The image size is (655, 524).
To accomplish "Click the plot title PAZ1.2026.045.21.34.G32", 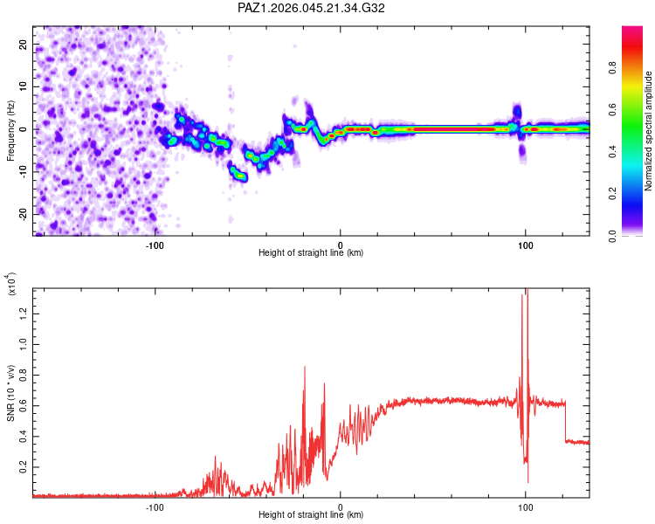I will click(x=311, y=8).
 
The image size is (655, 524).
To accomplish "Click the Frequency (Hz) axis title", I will click(x=10, y=129).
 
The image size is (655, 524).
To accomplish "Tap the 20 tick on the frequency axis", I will click(x=23, y=44).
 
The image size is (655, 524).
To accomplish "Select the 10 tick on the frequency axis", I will click(x=23, y=86).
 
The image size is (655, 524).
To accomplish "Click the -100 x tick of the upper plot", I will click(x=155, y=245).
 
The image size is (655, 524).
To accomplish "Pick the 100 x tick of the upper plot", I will click(x=526, y=245).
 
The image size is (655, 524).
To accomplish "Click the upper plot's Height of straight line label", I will click(x=311, y=253).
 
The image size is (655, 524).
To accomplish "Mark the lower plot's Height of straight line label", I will click(x=311, y=515).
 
